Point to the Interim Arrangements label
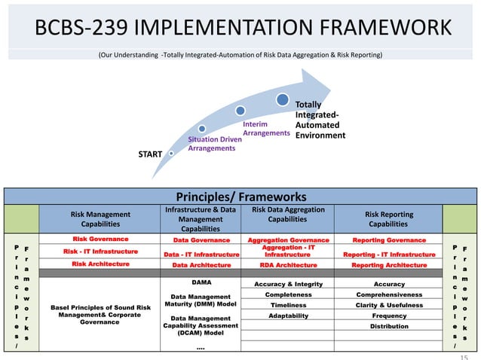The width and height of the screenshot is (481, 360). (x=265, y=128)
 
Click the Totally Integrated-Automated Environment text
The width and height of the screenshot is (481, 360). (x=320, y=121)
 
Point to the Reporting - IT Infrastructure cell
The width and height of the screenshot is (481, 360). (x=388, y=255)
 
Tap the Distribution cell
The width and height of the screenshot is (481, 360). (x=388, y=327)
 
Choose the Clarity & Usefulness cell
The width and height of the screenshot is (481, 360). (x=388, y=306)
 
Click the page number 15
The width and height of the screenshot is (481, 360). (x=464, y=355)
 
